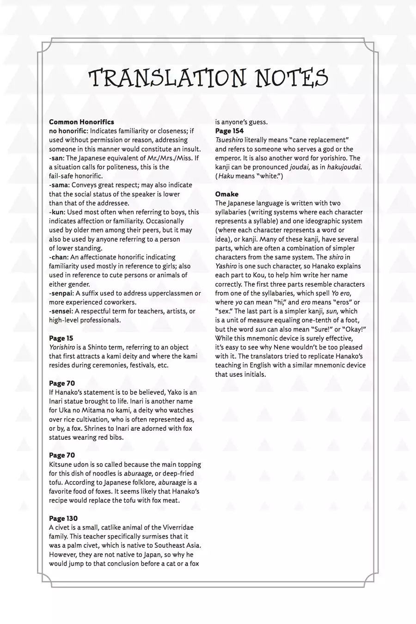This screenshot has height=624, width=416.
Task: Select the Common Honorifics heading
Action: (x=81, y=122)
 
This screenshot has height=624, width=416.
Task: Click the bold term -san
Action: (x=57, y=158)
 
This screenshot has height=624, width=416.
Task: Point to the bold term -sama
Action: (x=59, y=185)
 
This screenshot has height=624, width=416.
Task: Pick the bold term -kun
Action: (x=57, y=212)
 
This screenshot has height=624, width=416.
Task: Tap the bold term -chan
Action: (x=59, y=257)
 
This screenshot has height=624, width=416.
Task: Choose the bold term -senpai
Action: (x=61, y=293)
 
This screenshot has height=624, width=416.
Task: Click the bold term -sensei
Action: (x=61, y=311)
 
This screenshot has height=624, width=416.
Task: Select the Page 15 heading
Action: (x=61, y=338)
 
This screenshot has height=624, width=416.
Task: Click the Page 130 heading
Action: (x=63, y=519)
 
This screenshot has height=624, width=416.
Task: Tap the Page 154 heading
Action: (x=229, y=131)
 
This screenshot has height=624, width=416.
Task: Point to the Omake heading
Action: (x=226, y=194)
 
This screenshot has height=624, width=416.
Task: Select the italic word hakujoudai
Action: (x=344, y=167)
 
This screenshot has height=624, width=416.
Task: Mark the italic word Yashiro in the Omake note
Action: (x=226, y=266)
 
